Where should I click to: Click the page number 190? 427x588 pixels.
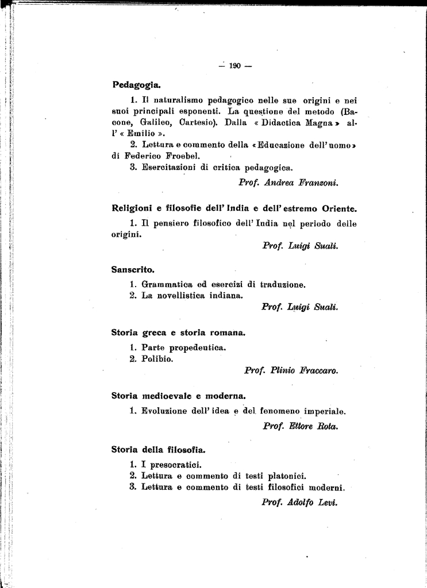click(x=234, y=65)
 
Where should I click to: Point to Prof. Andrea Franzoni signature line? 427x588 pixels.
click(x=288, y=183)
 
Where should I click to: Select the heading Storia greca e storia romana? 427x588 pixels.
click(x=179, y=332)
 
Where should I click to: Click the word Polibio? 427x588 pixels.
click(x=157, y=359)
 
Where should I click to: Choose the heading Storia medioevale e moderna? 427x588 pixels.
click(x=178, y=396)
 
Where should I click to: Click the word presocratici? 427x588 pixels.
click(x=172, y=465)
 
